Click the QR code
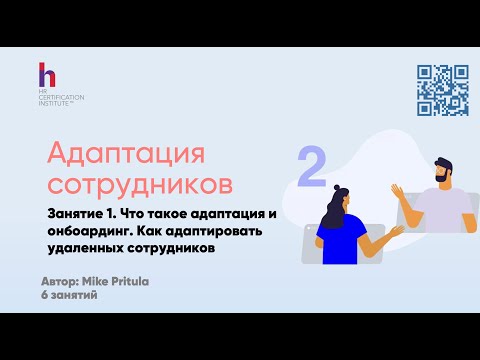442,90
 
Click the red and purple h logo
46,75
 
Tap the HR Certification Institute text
62,98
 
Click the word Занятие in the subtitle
78,215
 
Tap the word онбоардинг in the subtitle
91,232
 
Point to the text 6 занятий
72,298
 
